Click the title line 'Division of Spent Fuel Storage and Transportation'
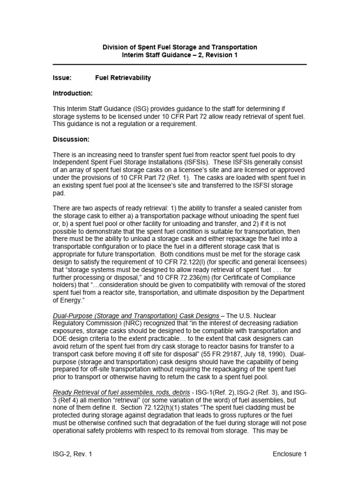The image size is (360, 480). point(180,47)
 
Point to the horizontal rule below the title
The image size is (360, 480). point(180,64)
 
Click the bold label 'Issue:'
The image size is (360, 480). point(62,78)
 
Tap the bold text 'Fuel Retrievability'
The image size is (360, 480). point(123,78)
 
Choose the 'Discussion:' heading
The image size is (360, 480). point(71,139)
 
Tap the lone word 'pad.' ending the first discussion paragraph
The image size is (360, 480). point(59,192)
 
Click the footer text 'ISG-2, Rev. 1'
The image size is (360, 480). point(72,454)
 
